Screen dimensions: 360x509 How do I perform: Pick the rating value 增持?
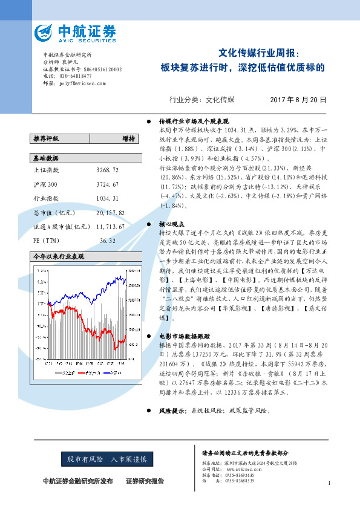pyautogui.click(x=128, y=138)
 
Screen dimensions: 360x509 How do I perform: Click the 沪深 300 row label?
pyautogui.click(x=45, y=184)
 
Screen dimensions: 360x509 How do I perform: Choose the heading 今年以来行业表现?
pyautogui.click(x=58, y=256)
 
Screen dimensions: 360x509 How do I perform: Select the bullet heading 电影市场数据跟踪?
pyautogui.click(x=184, y=335)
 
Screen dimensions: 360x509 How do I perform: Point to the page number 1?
pyautogui.click(x=329, y=482)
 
